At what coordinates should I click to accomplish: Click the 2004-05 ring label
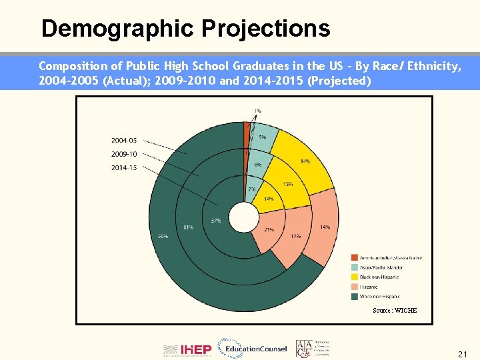pos(124,141)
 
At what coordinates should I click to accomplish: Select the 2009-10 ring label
pos(124,154)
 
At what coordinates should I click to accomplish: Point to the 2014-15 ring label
pos(124,168)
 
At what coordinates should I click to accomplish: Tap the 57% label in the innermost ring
pos(216,221)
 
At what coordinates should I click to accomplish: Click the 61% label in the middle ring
pos(189,227)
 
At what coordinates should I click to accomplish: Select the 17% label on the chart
pos(295,236)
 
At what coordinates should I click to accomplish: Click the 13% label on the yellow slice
pos(288,184)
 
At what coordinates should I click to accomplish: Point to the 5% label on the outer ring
pos(263,137)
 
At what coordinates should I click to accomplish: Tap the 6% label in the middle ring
pos(257,165)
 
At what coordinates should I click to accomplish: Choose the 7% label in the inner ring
pos(251,189)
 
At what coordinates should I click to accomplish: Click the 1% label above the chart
pos(257,111)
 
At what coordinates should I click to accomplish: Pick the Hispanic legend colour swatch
pos(355,287)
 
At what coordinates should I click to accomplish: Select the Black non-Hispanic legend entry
pos(379,277)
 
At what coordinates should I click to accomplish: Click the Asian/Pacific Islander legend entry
pos(381,267)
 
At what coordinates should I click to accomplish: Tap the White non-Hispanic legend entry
pos(380,296)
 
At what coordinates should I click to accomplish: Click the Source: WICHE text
pos(395,311)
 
